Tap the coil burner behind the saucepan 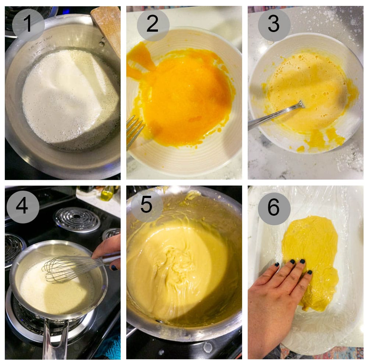coord(77,220)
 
